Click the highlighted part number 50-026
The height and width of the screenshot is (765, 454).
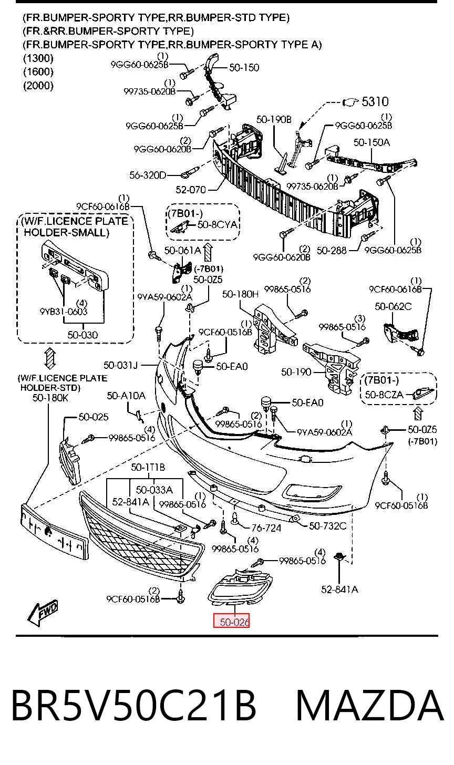pos(234,622)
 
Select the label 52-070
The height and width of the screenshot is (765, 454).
pos(191,190)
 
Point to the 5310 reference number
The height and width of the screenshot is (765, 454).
pos(375,101)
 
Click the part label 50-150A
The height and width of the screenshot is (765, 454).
pos(372,142)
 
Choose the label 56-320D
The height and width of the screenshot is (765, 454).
pos(148,175)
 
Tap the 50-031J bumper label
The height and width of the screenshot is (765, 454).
pos(120,365)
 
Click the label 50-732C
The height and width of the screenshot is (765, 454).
pos(327,526)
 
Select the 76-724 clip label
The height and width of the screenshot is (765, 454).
pos(266,528)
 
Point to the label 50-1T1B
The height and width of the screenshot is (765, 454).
pos(148,467)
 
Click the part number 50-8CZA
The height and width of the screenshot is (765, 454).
pos(384,395)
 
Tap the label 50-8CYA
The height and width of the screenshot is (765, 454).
pos(217,224)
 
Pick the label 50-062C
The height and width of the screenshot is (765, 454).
pos(393,306)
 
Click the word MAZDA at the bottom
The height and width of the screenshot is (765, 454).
pos(369,706)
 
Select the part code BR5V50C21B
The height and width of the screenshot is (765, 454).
pos(133,706)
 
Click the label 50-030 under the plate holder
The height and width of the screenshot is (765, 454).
pos(82,335)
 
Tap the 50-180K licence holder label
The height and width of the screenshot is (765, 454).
pos(50,398)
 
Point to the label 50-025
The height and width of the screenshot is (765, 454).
pos(93,417)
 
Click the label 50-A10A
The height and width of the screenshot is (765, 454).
pos(126,396)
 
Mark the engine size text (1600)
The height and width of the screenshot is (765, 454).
pos(38,71)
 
